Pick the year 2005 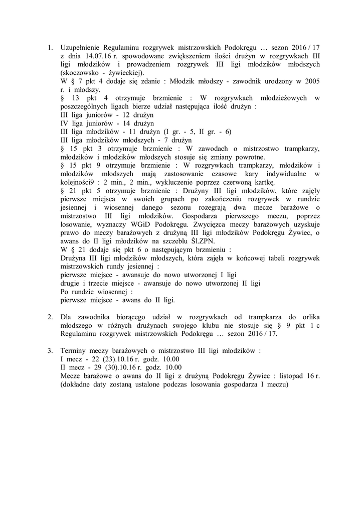(x=312, y=81)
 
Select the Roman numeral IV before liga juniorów (x=64, y=123)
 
